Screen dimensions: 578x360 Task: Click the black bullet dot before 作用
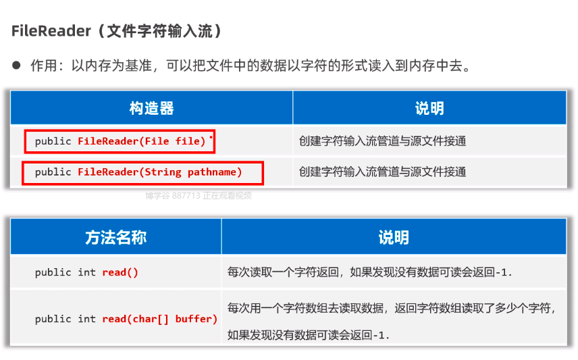(x=17, y=66)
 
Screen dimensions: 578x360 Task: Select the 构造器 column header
(x=151, y=108)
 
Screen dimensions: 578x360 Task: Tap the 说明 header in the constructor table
(x=429, y=108)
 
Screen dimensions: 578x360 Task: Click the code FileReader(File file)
(x=142, y=141)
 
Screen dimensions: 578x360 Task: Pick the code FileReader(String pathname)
(x=160, y=172)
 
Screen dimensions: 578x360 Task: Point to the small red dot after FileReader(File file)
(x=211, y=137)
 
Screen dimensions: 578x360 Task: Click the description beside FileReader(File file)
(x=382, y=141)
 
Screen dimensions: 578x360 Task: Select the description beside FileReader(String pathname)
(x=382, y=172)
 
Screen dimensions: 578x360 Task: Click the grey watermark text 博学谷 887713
(x=173, y=196)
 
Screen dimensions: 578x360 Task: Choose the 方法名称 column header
(x=115, y=237)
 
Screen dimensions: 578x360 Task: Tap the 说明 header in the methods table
(x=393, y=237)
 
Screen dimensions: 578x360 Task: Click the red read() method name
(x=120, y=272)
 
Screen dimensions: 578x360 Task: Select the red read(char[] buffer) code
(x=160, y=319)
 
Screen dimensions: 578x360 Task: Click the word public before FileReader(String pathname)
(x=53, y=172)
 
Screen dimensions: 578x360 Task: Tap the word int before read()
(x=86, y=272)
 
